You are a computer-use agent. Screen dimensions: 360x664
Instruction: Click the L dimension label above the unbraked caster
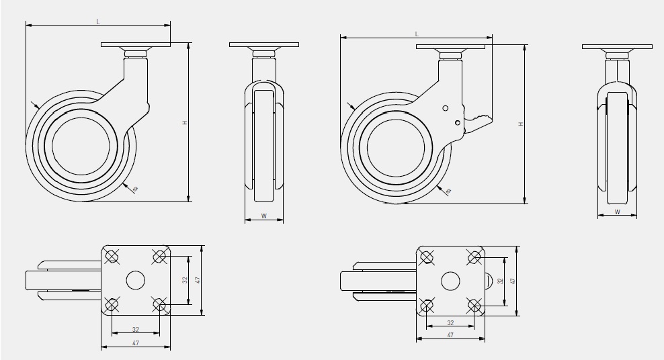point(98,21)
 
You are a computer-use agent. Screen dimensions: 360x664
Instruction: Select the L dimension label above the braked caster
point(417,33)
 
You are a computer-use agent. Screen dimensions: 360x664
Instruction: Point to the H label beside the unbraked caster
point(183,123)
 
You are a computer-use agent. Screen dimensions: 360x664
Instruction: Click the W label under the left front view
point(263,216)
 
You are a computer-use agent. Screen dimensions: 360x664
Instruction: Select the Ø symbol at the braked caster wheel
point(449,192)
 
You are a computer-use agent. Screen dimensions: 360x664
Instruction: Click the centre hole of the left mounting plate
point(135,281)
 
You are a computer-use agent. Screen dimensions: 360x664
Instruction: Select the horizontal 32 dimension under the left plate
point(135,330)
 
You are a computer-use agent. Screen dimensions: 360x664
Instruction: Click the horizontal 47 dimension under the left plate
point(135,344)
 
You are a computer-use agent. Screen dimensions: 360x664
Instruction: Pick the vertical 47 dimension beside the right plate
point(512,281)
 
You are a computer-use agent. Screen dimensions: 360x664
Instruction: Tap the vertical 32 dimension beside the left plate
point(184,281)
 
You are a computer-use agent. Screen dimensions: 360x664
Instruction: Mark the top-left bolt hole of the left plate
point(112,256)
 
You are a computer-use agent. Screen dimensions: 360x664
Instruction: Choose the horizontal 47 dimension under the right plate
point(450,334)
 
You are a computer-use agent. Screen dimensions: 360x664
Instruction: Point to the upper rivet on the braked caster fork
point(444,108)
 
